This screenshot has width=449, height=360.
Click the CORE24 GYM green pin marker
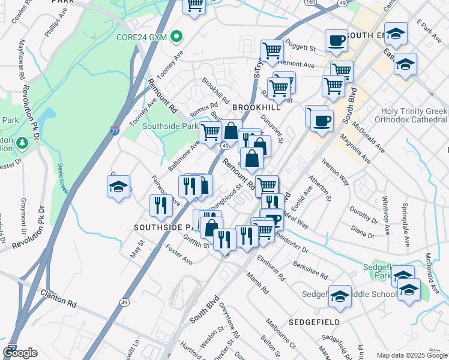[176, 37]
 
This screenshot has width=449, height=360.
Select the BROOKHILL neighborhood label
[256, 106]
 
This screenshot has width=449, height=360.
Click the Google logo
[20, 353]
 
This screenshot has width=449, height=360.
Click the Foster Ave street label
[178, 254]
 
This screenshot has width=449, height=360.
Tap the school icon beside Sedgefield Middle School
[340, 296]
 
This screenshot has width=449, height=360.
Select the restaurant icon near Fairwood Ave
[161, 205]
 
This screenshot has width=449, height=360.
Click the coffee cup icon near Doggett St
[337, 40]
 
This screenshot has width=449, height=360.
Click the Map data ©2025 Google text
[411, 355]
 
